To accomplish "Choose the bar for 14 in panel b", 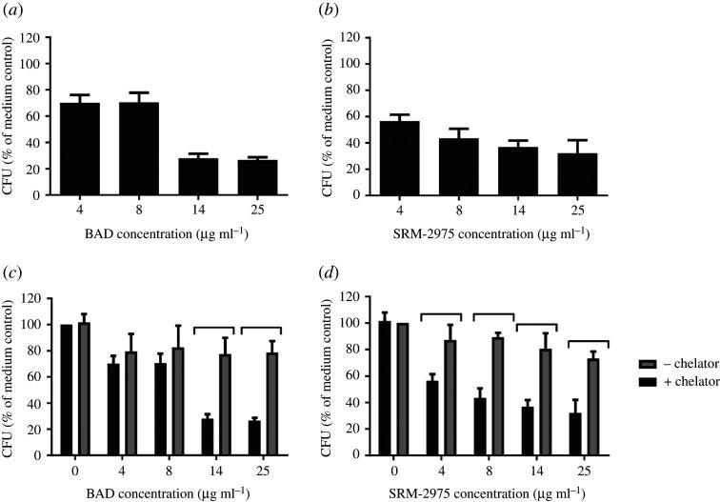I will coord(519,171).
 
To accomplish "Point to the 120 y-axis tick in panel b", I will coord(354,38).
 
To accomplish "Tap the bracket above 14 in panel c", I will coord(214,328).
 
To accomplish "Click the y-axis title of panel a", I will coord(11,116).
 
